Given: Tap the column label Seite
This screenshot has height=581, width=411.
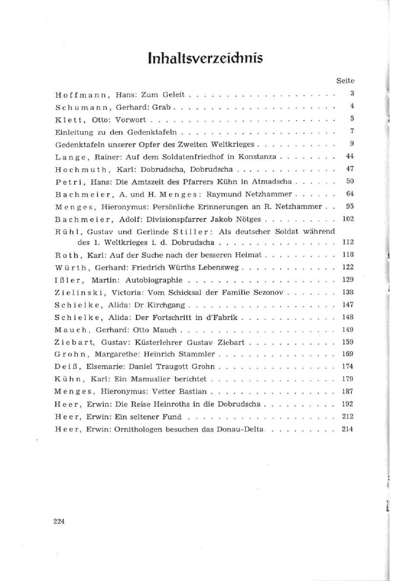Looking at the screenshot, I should pos(345,80).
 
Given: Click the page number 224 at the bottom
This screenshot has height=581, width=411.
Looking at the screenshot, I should pos(59,521).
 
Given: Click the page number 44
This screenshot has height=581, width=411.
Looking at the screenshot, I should pos(350,156).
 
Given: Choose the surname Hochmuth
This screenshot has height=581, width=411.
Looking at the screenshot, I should pos(81,170).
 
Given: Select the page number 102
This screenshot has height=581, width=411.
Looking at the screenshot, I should pos(348,219).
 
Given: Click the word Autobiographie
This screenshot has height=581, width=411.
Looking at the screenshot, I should pos(154,280).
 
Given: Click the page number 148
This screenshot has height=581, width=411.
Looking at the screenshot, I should pos(348,317).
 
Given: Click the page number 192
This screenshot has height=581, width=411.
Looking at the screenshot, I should pos(348,404).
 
